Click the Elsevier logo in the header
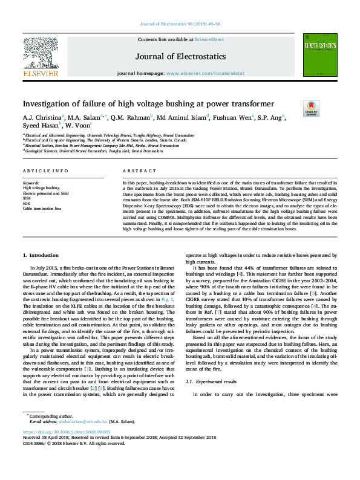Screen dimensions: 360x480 (x=41, y=57)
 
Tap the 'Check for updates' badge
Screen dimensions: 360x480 (x=312, y=108)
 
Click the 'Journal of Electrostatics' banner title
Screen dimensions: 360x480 (x=180, y=56)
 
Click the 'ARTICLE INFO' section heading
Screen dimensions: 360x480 (x=45, y=172)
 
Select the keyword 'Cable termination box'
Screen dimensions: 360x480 (x=42, y=208)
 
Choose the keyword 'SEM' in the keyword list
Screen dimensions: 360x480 (x=27, y=198)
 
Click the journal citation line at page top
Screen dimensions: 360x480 (x=180, y=25)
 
